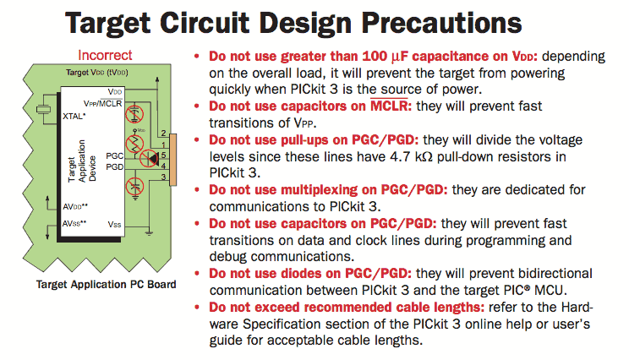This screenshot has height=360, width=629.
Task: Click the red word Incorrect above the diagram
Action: [105, 55]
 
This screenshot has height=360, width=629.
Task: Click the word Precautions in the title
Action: [441, 24]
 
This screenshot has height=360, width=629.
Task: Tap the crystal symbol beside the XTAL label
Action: [43, 109]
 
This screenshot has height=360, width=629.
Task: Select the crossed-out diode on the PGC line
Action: [150, 158]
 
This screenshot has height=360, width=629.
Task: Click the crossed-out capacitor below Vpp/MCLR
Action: [134, 114]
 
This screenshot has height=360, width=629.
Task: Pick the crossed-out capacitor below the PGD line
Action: [134, 187]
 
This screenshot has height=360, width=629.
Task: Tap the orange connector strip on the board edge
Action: [173, 160]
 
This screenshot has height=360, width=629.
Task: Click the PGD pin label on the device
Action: [115, 166]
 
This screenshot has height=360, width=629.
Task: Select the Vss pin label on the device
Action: [114, 225]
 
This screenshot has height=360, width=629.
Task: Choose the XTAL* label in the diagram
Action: [74, 117]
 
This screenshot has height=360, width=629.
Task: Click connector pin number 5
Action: [164, 155]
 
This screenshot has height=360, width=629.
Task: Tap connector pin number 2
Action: [164, 133]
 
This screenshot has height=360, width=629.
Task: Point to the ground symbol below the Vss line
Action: [149, 233]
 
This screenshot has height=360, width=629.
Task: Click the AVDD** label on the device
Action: [75, 207]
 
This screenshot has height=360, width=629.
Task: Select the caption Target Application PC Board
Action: [107, 284]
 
